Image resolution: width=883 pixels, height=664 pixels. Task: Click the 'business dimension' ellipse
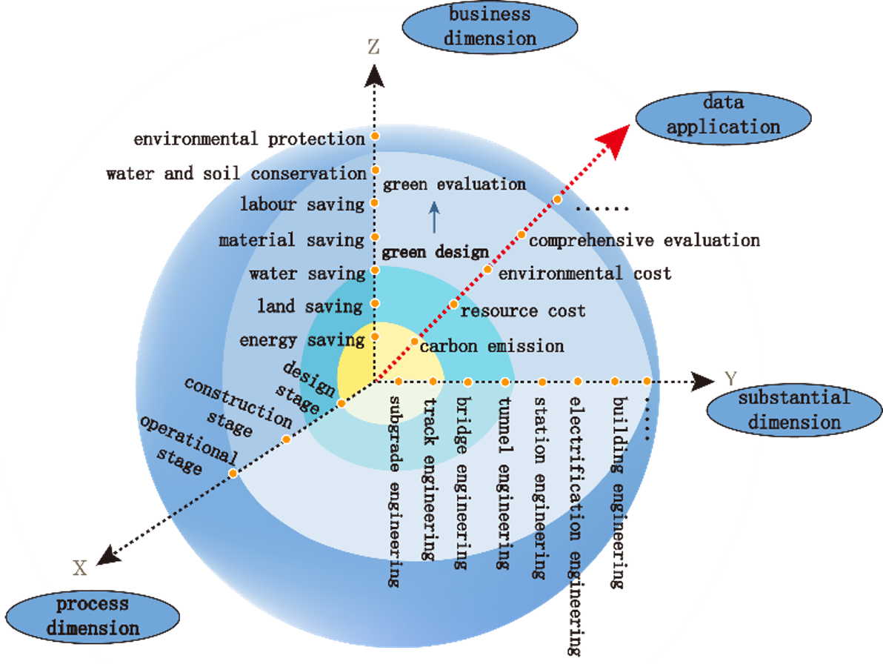(x=490, y=26)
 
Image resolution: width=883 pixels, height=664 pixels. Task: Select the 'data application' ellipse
(x=722, y=115)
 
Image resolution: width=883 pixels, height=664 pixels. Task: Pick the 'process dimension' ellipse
(x=93, y=617)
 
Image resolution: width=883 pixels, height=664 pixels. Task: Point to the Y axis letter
(x=730, y=379)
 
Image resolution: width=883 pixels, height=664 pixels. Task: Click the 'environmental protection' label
(x=249, y=139)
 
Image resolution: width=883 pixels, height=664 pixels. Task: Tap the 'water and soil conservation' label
(x=236, y=173)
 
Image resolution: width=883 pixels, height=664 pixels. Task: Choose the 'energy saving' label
(x=302, y=340)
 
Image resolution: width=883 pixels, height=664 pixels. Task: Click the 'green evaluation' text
(x=454, y=185)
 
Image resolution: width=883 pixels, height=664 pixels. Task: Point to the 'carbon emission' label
(x=492, y=346)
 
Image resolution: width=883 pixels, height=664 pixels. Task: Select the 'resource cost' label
(x=522, y=311)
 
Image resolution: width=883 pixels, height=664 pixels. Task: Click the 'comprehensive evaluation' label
(x=644, y=240)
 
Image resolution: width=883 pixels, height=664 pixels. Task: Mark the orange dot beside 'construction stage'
(x=287, y=439)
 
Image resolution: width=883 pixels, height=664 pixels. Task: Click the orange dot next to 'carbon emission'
(x=414, y=342)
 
